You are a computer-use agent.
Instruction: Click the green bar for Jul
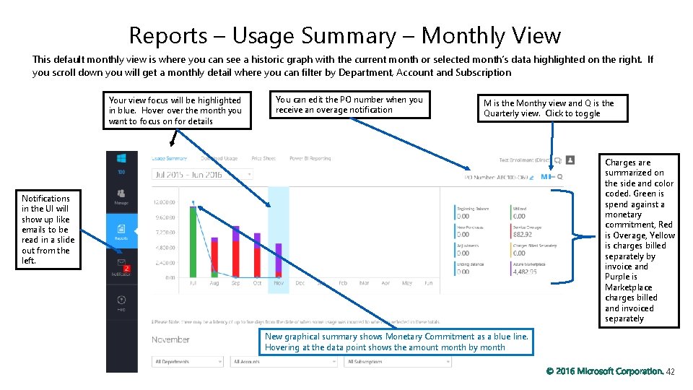pos(193,241)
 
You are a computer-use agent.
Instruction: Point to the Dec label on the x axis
pos(300,283)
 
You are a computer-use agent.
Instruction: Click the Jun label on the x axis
pos(428,283)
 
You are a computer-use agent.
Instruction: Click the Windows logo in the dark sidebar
pos(121,158)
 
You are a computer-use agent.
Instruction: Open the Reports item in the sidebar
pos(121,230)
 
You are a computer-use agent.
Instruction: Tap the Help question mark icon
pos(121,300)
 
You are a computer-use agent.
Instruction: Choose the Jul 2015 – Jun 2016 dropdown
pos(202,174)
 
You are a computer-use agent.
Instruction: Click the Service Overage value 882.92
pos(522,235)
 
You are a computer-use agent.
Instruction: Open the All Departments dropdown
pos(188,361)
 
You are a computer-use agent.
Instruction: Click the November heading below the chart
pos(171,339)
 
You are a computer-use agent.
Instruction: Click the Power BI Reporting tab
pos(310,158)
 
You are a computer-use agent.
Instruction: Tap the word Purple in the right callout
pos(621,277)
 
